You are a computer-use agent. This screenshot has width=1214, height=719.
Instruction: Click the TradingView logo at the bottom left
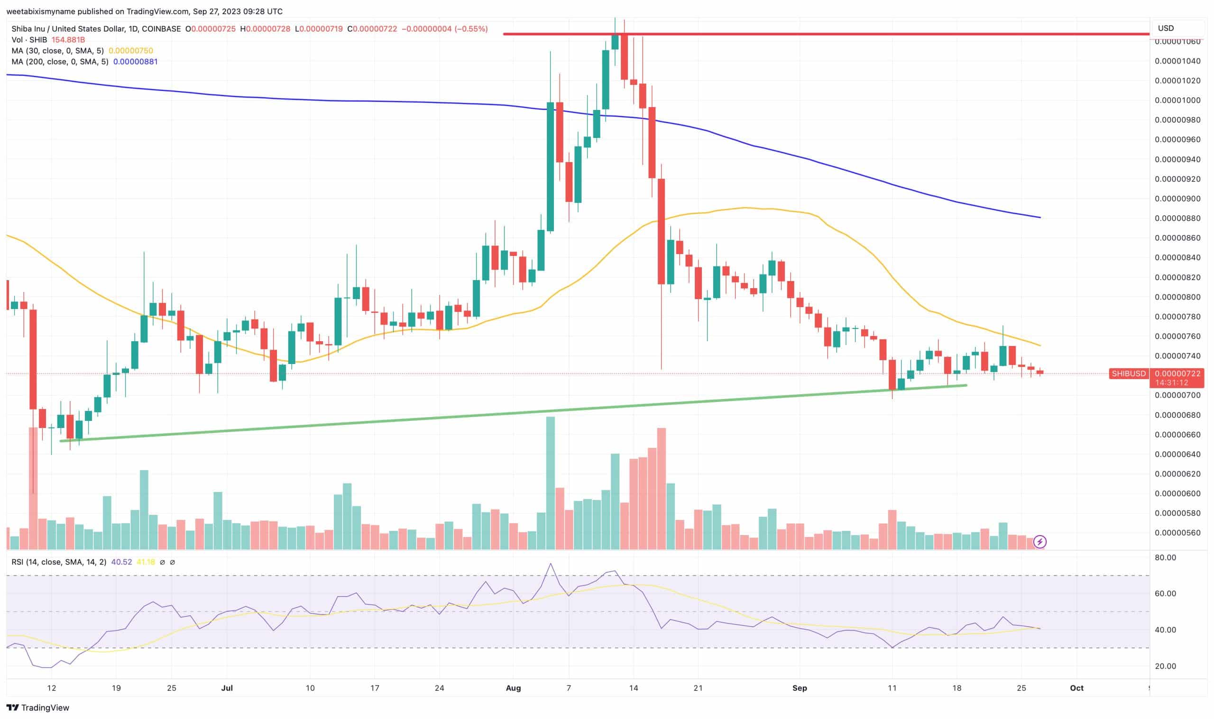point(38,708)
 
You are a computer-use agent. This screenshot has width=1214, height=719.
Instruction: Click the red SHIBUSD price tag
point(1129,373)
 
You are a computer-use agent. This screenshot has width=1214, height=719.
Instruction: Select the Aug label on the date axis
point(513,688)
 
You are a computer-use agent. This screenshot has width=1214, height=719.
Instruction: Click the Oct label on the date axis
point(1076,688)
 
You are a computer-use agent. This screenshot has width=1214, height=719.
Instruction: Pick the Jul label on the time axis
point(227,688)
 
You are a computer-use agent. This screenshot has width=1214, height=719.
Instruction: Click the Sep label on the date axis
point(800,688)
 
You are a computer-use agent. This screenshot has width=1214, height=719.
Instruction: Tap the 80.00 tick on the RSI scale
point(1165,558)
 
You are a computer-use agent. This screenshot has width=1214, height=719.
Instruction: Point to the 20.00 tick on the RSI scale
point(1165,666)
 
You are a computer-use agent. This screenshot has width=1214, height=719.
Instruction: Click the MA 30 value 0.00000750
point(131,51)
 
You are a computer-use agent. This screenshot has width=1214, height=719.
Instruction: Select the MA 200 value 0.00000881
point(135,62)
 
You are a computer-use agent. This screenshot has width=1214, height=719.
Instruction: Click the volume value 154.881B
point(68,40)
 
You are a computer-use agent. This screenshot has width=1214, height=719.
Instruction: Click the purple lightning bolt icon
point(1040,542)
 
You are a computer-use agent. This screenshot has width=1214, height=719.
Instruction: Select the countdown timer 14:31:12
point(1171,383)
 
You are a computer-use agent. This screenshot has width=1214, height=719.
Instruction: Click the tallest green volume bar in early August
point(551,482)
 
